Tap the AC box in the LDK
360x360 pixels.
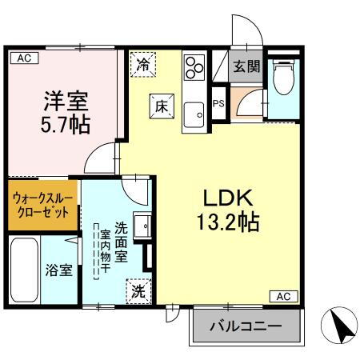click(283, 297)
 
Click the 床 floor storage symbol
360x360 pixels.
click(160, 103)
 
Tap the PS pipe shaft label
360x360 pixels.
click(218, 103)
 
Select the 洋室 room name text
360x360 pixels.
click(64, 101)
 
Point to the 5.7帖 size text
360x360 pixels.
click(64, 126)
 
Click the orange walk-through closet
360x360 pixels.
click(44, 205)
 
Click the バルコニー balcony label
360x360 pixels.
click(246, 326)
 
